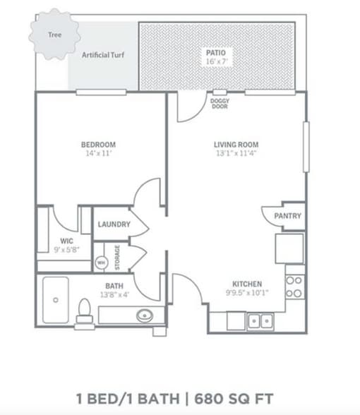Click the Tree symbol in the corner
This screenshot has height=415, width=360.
click(x=54, y=35)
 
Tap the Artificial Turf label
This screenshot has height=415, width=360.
click(x=103, y=54)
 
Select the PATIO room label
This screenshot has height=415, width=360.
click(x=215, y=52)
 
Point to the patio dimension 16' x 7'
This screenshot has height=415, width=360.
click(x=215, y=61)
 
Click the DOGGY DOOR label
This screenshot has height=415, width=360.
click(x=220, y=103)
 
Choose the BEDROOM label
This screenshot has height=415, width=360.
click(x=98, y=145)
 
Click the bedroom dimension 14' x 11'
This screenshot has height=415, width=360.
click(x=98, y=153)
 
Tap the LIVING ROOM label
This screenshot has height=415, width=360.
click(x=234, y=145)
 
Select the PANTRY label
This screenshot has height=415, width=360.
click(x=287, y=216)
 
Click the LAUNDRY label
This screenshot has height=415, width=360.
click(x=114, y=224)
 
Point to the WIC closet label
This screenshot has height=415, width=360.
click(x=66, y=240)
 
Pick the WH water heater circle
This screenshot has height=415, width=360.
click(x=100, y=262)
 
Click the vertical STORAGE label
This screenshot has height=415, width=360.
click(x=117, y=258)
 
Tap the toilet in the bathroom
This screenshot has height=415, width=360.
click(x=85, y=309)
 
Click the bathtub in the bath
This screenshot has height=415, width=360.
click(x=55, y=301)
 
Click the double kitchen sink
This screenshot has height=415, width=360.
click(x=259, y=321)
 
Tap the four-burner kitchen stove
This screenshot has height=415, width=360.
click(x=294, y=286)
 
